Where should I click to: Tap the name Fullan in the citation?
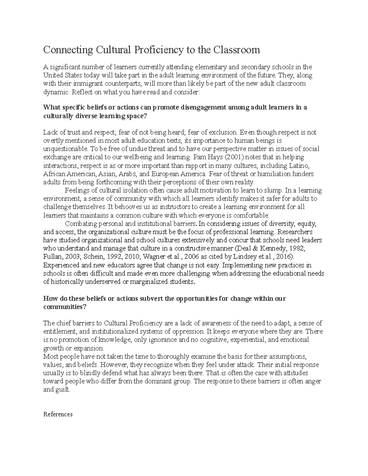pyautogui.click(x=52, y=257)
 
